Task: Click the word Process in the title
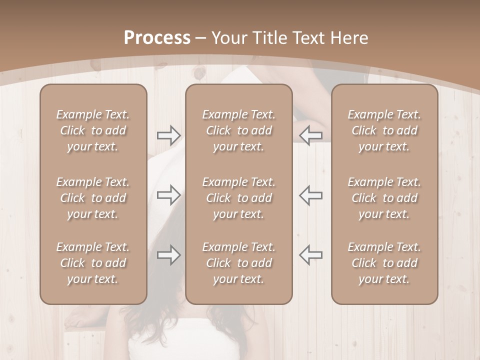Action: pyautogui.click(x=157, y=38)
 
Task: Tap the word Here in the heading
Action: pyautogui.click(x=349, y=38)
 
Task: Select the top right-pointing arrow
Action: pyautogui.click(x=168, y=135)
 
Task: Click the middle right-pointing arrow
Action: pyautogui.click(x=168, y=194)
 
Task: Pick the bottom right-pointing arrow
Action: pyautogui.click(x=168, y=255)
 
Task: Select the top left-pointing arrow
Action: pyautogui.click(x=310, y=135)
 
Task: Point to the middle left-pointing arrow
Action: pyautogui.click(x=310, y=194)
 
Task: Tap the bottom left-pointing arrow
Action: pyautogui.click(x=310, y=255)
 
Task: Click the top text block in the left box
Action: pyautogui.click(x=93, y=130)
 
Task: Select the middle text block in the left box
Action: pyautogui.click(x=93, y=198)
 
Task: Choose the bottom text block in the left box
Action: pyautogui.click(x=93, y=263)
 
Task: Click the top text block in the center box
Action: pyautogui.click(x=238, y=130)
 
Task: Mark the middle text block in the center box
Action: pyautogui.click(x=238, y=198)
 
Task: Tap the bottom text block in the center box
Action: pyautogui.click(x=238, y=263)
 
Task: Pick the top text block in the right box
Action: pyautogui.click(x=384, y=130)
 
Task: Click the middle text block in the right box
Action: pyautogui.click(x=384, y=198)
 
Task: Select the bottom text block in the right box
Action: pyautogui.click(x=384, y=263)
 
